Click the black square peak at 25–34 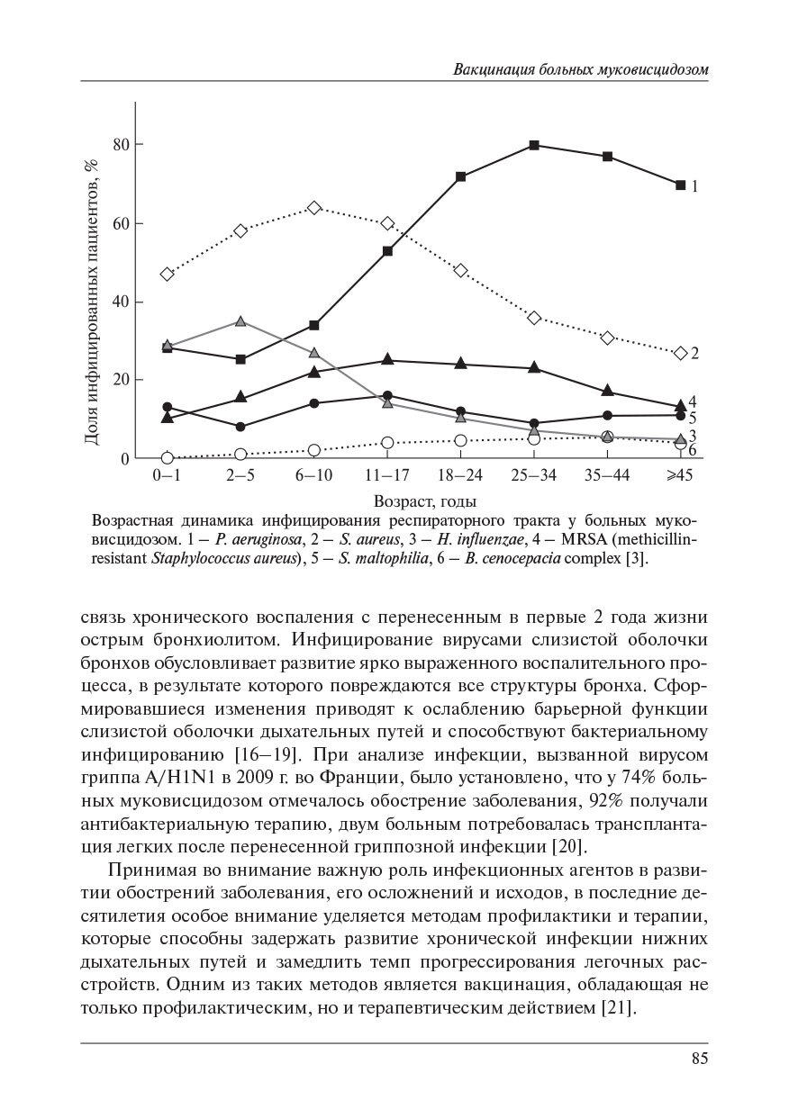534,145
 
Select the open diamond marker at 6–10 314,208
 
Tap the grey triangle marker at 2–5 240,321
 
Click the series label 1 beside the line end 694,186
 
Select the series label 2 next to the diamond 694,354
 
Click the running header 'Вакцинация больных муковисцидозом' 580,69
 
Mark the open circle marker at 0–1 167,458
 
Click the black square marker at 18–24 461,176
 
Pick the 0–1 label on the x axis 167,476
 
